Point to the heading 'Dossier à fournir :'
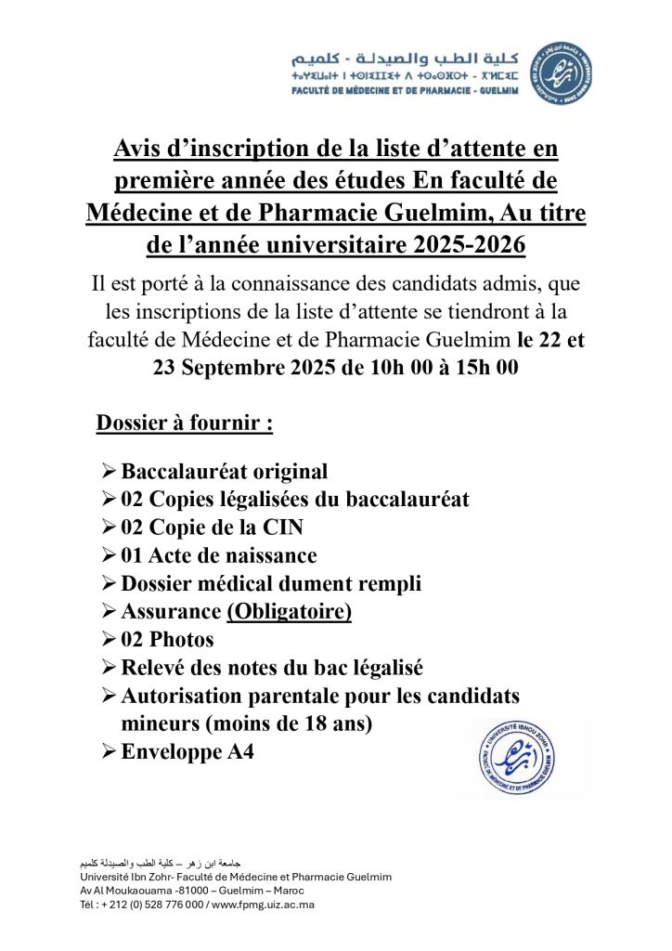185,423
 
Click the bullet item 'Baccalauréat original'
224,472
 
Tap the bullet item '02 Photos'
167,640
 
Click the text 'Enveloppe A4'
187,752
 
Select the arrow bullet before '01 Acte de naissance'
109,556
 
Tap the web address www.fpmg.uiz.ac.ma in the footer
263,903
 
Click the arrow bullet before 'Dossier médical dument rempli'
109,584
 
